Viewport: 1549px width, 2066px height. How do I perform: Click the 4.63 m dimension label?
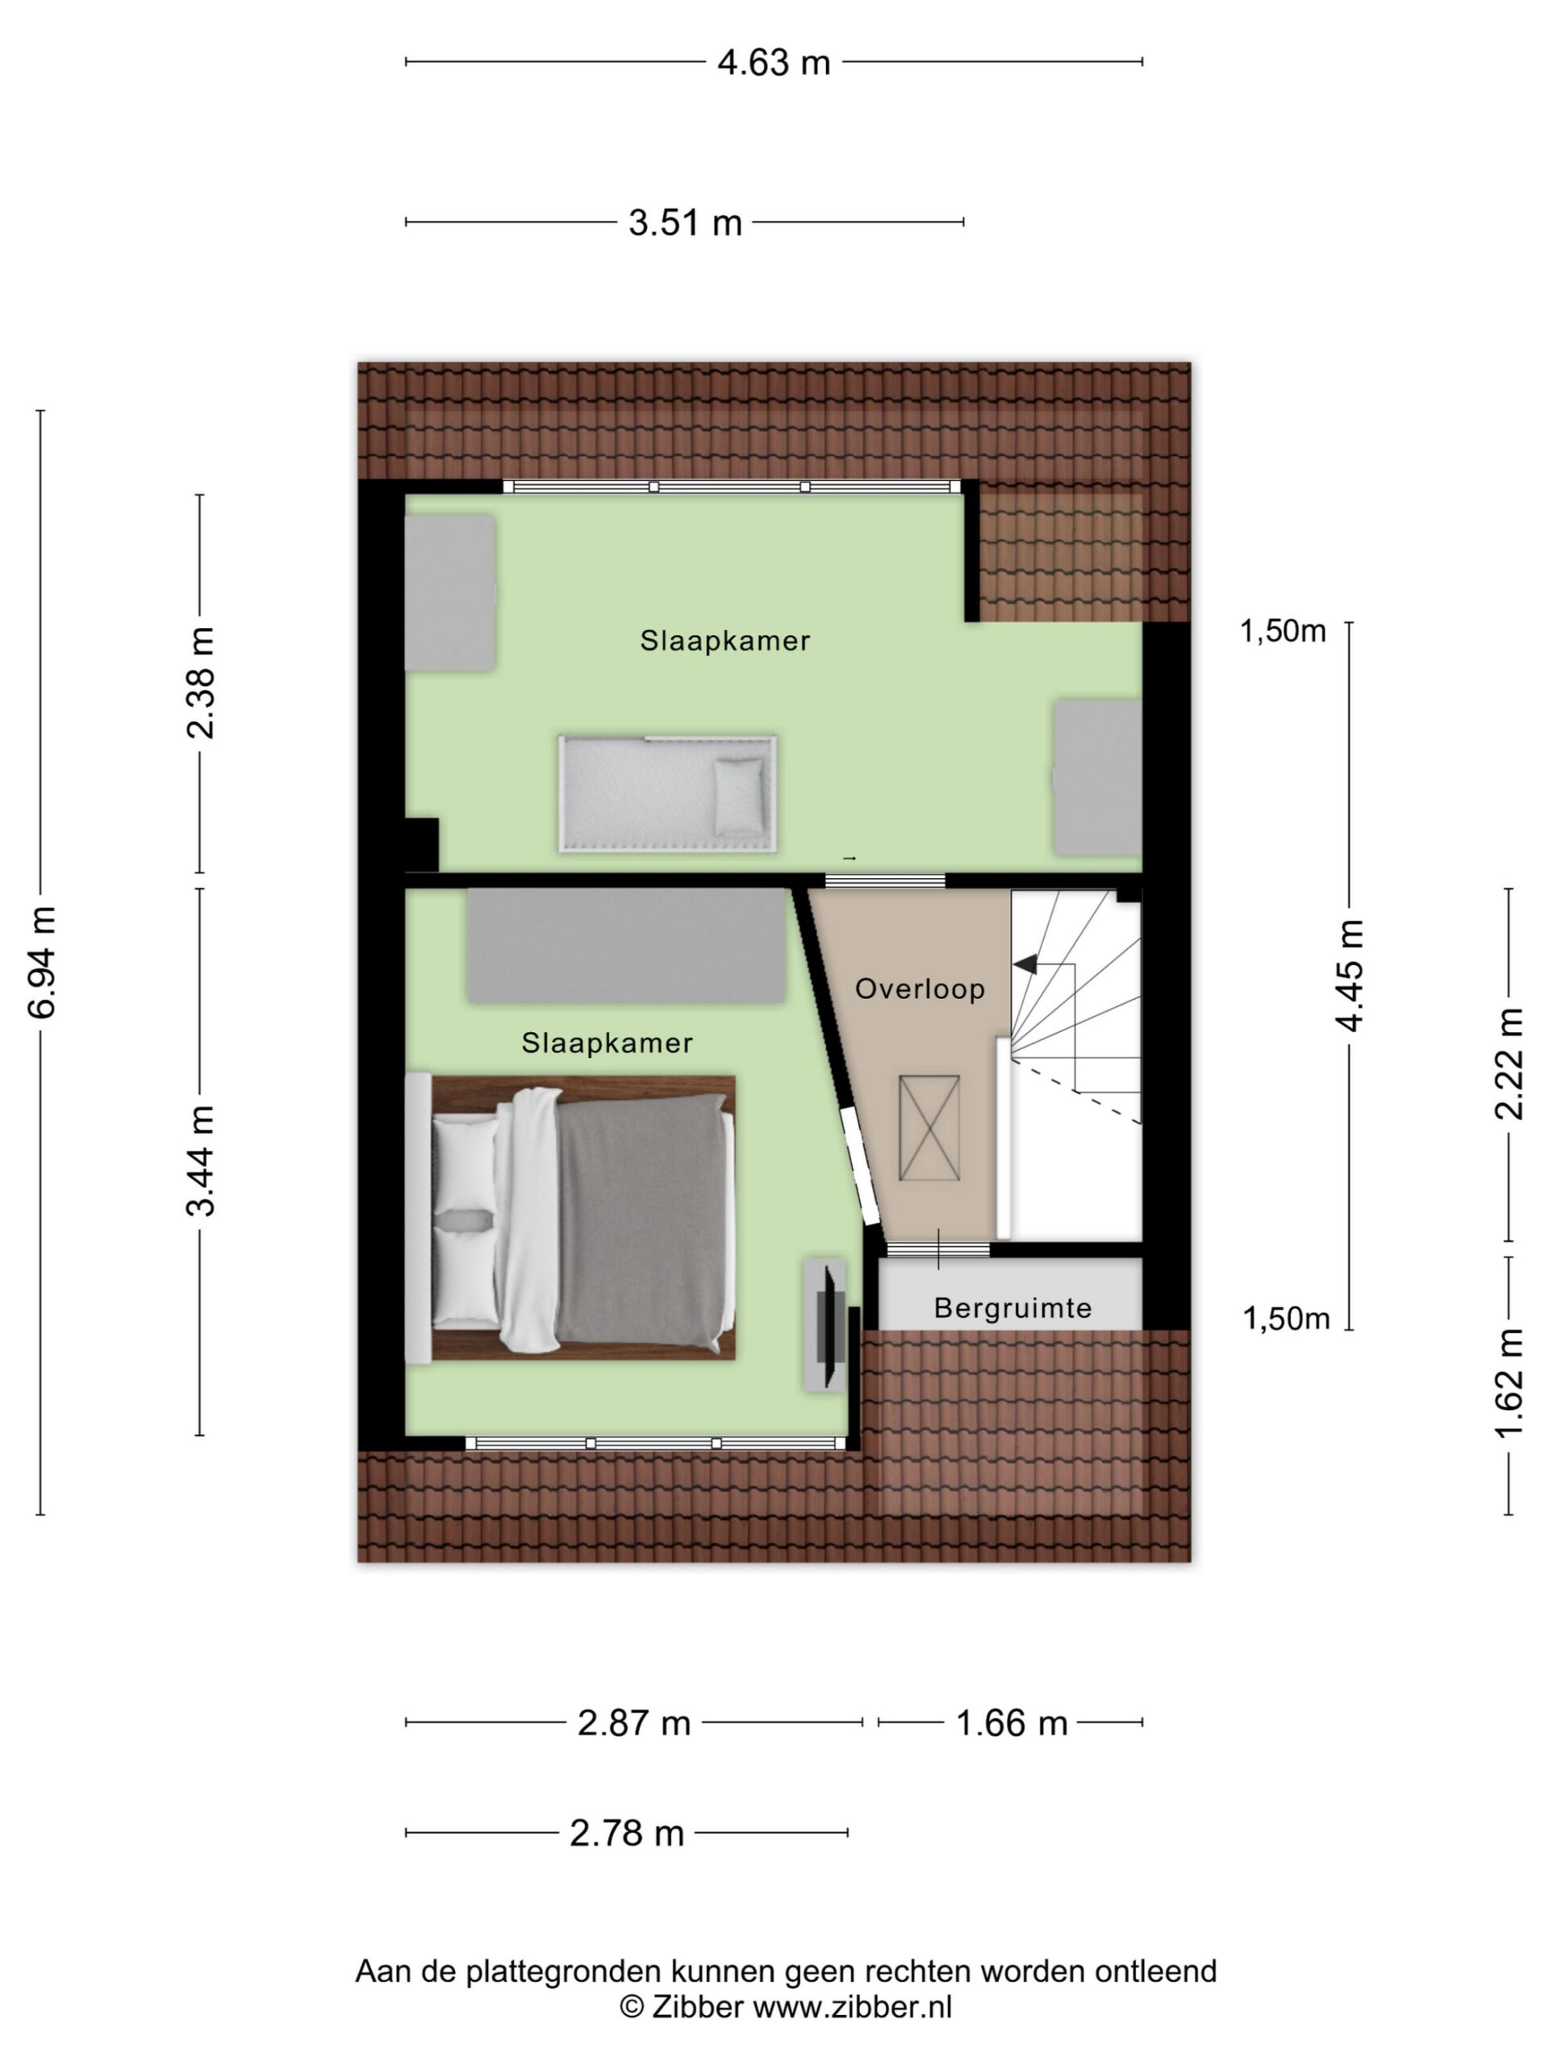(773, 63)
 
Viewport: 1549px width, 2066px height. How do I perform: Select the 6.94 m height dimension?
(43, 961)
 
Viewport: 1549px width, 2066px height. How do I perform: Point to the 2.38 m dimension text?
(201, 683)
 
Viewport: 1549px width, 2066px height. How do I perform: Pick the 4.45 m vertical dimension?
(1350, 975)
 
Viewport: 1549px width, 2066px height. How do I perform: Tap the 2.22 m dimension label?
(1509, 1064)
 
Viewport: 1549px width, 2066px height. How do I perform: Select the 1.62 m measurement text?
(1509, 1383)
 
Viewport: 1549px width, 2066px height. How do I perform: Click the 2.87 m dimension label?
(634, 1723)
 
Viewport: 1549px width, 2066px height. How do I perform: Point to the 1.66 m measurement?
(1011, 1723)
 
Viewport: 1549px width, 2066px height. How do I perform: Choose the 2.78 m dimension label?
(627, 1834)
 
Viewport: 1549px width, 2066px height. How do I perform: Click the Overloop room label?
(920, 989)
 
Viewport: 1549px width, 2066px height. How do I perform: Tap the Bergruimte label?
(1013, 1308)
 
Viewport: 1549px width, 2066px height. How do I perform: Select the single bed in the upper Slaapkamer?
(667, 794)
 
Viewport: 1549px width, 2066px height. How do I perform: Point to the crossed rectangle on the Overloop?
(929, 1128)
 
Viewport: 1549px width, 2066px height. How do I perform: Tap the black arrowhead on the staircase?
(1025, 964)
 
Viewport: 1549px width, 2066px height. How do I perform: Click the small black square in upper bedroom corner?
(422, 844)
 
